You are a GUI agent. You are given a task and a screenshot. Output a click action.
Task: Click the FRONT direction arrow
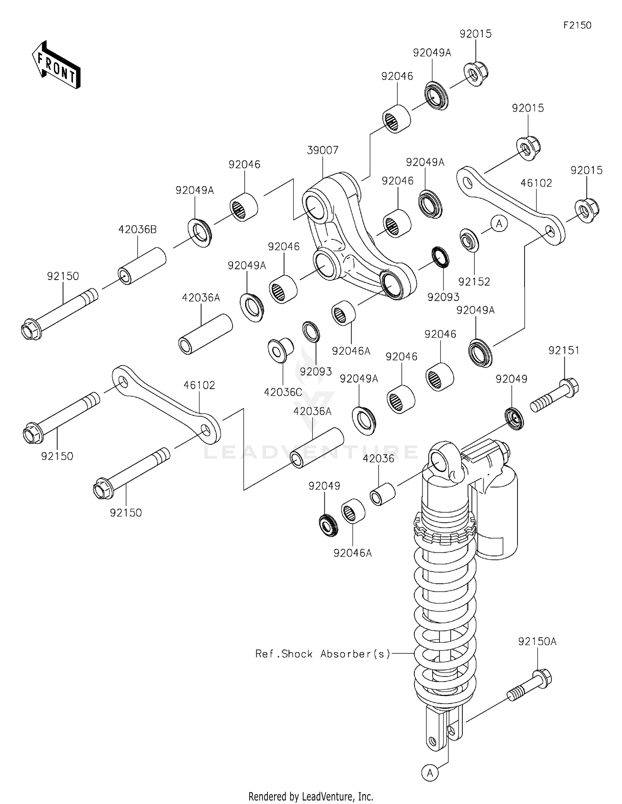click(x=56, y=65)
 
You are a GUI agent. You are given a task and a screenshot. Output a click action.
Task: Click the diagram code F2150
click(x=577, y=25)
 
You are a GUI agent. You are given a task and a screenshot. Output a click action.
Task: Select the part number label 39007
click(x=323, y=150)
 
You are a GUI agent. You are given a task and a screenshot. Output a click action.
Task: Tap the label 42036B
click(x=138, y=229)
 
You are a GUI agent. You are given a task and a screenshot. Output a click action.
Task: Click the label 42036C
click(x=283, y=392)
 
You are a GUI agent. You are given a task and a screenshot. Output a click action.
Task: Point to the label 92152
click(x=474, y=282)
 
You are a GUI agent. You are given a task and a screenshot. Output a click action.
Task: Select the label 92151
click(x=564, y=351)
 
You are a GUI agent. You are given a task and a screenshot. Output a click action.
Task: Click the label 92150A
click(x=537, y=642)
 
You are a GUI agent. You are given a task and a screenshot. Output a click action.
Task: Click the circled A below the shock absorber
click(x=430, y=773)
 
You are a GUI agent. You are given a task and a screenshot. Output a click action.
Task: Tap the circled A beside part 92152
click(x=499, y=224)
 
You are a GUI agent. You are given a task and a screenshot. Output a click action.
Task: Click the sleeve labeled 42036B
click(x=142, y=266)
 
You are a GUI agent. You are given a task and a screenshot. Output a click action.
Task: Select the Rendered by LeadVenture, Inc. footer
click(x=311, y=796)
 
